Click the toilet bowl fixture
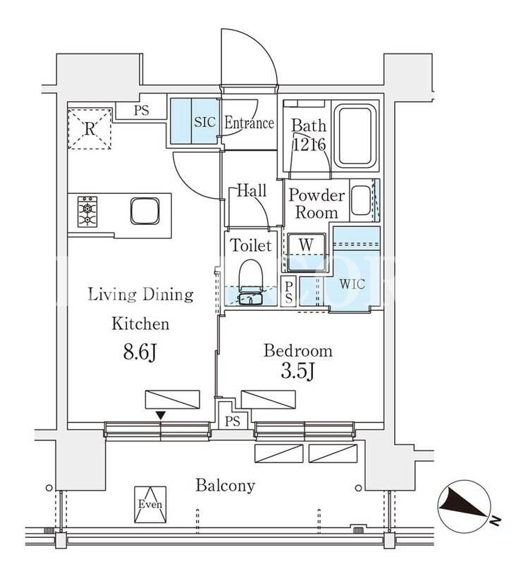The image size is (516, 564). (252, 276)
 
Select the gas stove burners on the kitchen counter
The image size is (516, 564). (87, 211)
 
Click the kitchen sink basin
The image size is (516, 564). (145, 211)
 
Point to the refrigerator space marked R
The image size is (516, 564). (90, 128)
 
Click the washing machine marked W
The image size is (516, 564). (307, 252)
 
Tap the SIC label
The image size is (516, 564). (205, 122)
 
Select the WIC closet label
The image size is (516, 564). (352, 284)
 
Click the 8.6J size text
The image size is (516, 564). (140, 352)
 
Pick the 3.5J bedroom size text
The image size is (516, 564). (297, 372)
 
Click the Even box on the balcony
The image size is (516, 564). (150, 504)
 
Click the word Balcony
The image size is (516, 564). (225, 486)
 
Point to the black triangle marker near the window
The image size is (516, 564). (161, 415)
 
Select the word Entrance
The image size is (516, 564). (250, 123)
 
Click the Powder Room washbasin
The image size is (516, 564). (361, 200)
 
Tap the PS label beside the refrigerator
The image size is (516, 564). (141, 110)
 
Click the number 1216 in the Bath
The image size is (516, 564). (309, 145)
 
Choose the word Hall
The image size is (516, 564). (252, 190)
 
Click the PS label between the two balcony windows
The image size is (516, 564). (233, 421)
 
